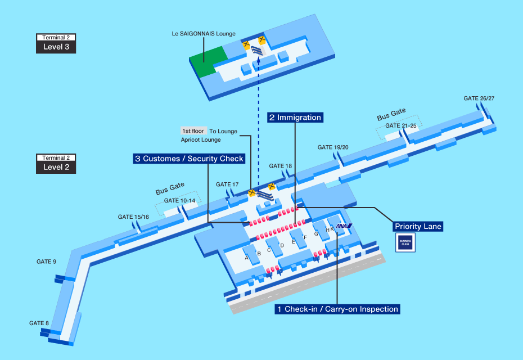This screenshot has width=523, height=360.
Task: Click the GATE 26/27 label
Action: [x=479, y=98]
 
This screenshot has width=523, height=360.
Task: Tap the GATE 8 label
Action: [x=39, y=323]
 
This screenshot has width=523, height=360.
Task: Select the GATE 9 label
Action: [x=46, y=262]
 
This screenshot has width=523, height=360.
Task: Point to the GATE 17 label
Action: [x=227, y=184]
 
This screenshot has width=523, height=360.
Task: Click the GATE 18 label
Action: [x=280, y=166]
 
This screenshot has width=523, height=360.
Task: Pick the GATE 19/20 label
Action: [x=333, y=147]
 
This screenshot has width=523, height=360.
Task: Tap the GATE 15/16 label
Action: [x=133, y=217]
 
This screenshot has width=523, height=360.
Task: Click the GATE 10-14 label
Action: [x=179, y=200]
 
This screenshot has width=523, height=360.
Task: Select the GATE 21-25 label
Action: [x=401, y=126]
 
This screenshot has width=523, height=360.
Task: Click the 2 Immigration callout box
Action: [x=295, y=118]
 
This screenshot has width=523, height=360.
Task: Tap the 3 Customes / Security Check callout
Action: [x=189, y=159]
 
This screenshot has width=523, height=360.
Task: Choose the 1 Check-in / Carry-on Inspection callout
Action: [x=337, y=309]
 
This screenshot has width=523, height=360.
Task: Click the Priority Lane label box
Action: [x=418, y=226]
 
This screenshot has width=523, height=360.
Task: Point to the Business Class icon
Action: [x=405, y=242]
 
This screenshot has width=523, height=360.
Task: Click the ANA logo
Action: [x=344, y=226]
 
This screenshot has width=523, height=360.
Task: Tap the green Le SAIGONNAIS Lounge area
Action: [x=208, y=61]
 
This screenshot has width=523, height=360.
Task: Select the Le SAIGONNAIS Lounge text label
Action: [x=204, y=34]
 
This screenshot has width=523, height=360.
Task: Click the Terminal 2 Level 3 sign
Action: [x=56, y=43]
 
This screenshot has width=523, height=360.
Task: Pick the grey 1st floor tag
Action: [x=193, y=131]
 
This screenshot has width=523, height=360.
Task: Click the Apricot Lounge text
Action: [x=201, y=140]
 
